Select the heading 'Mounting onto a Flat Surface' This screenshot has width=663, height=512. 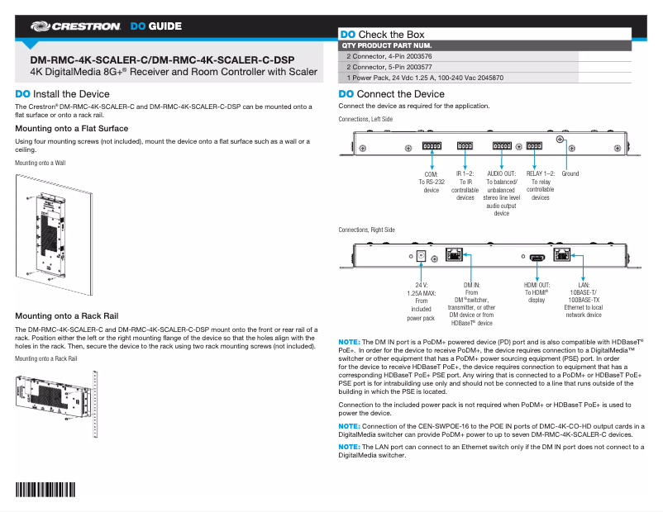coord(72,129)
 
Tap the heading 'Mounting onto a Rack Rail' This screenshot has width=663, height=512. coord(67,316)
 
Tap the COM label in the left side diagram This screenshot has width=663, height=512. coord(431,174)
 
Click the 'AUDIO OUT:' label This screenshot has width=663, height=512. coord(501,174)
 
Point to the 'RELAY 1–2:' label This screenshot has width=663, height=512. coord(541,174)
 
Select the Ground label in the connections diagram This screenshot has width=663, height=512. coord(570,174)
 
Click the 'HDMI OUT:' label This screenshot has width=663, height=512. coord(537,284)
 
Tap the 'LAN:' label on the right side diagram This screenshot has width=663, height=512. coord(584,284)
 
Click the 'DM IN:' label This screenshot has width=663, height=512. coord(471,284)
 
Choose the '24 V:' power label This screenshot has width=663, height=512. coord(421,284)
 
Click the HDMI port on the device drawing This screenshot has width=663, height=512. coord(537,257)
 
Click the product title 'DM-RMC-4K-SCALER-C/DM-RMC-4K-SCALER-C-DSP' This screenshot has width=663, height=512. coord(161,60)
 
